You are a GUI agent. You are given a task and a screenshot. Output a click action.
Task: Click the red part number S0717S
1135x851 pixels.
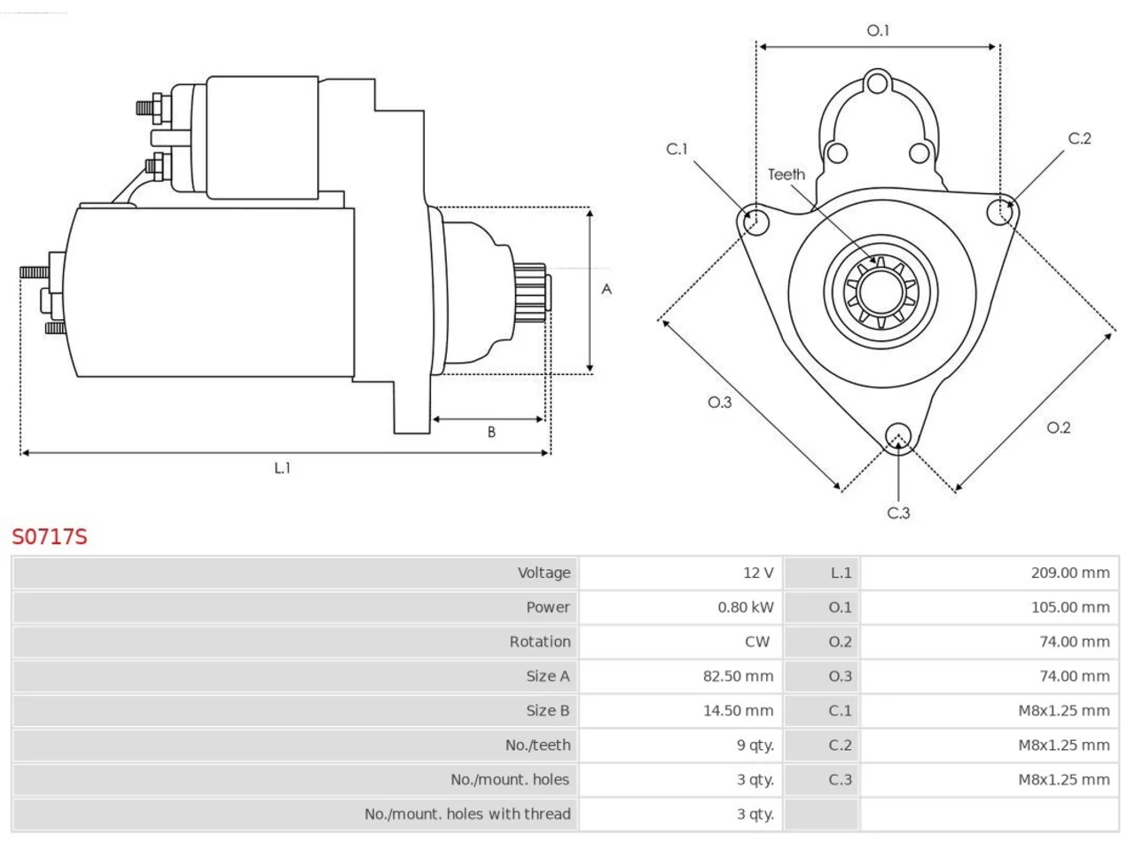point(50,537)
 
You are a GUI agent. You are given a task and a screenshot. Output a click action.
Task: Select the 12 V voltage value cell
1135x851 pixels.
point(758,573)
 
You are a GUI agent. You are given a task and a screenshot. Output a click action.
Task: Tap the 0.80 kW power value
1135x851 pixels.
point(745,607)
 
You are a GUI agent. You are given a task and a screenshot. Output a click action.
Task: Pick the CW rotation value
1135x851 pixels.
point(757,641)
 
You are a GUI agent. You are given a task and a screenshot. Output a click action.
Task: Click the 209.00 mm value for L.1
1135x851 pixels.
point(1070,573)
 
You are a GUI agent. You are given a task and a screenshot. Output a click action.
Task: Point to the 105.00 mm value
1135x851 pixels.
point(1070,607)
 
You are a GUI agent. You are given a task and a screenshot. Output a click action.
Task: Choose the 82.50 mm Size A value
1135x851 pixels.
point(738,675)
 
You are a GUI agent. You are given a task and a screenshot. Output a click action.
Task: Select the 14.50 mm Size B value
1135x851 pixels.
point(738,710)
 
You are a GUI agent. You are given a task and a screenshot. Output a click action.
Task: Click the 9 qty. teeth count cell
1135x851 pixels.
point(755,746)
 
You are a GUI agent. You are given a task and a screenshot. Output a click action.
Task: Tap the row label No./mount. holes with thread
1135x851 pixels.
point(467,814)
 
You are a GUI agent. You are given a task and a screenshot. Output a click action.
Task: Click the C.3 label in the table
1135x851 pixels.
point(840,779)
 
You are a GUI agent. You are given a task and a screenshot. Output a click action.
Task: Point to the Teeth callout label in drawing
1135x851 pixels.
point(786,175)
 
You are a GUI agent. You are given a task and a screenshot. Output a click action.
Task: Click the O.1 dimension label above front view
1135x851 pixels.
point(878,30)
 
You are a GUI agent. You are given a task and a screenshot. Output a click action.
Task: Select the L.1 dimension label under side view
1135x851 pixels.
point(282,468)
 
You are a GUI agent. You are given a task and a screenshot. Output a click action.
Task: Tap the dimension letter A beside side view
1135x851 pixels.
point(607,289)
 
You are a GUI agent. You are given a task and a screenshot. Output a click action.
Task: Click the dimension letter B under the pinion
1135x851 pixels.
point(491,432)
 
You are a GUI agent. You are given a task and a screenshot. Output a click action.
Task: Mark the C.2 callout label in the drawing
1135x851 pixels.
point(1080,138)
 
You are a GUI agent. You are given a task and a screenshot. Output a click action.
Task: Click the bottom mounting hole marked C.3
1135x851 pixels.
point(898,436)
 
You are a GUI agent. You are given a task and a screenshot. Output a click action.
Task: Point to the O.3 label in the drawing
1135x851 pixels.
point(720,402)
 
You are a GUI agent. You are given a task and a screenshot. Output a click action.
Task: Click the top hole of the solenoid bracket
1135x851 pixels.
point(878,82)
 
